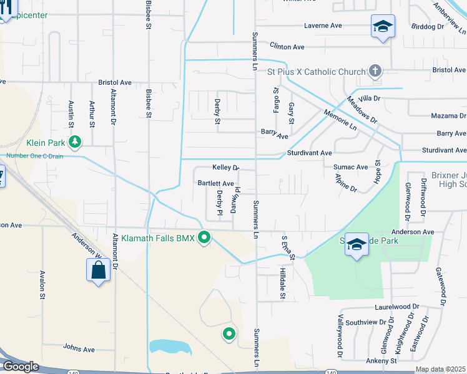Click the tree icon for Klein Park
click(x=75, y=142)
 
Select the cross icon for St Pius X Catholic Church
click(x=375, y=70)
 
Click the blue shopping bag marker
click(x=98, y=270)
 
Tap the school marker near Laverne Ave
click(x=383, y=27)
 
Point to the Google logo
click(x=20, y=367)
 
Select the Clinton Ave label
click(x=287, y=47)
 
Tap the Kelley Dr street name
click(x=226, y=168)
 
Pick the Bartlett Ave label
click(x=215, y=184)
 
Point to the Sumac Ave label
click(x=350, y=167)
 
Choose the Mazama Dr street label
click(x=448, y=116)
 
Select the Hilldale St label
click(x=282, y=284)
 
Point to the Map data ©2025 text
click(x=440, y=369)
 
